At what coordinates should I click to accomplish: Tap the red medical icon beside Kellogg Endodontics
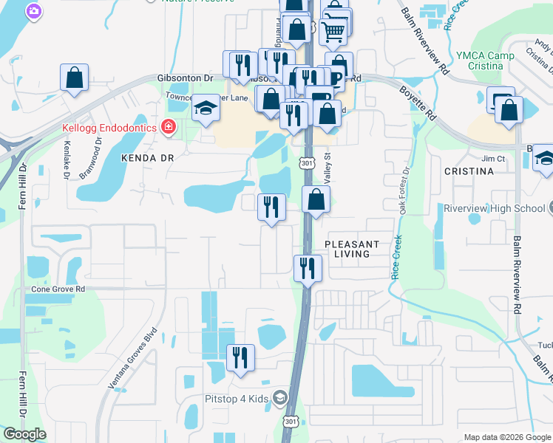point(169,128)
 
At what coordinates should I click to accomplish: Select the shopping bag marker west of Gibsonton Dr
point(74,78)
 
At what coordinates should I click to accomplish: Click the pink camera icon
point(33,10)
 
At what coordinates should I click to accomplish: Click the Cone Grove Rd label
point(58,289)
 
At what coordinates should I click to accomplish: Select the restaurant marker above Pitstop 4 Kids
point(240,358)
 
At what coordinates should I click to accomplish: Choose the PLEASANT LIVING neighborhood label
point(352,249)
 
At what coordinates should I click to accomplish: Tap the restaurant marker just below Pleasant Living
point(307,268)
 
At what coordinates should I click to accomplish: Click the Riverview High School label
point(494,208)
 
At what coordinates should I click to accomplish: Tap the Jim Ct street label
point(492,159)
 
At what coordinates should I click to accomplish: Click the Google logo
point(24,434)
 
